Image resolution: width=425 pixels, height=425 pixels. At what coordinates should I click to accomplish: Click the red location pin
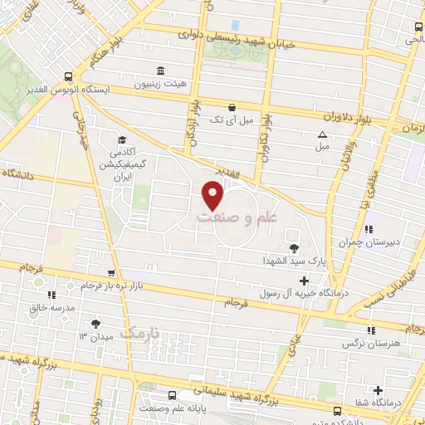(213, 196)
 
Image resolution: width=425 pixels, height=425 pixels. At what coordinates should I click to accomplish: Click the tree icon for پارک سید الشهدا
(292, 247)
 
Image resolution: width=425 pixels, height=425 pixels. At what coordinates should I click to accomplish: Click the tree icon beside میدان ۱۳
(96, 324)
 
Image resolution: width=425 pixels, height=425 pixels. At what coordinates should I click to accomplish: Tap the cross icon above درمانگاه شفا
(379, 390)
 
